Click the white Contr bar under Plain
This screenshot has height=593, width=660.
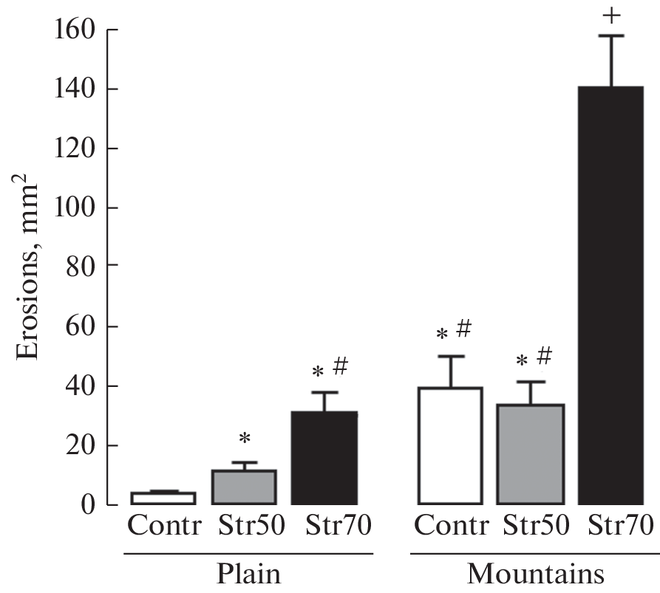click(152, 498)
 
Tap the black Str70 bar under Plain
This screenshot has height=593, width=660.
click(324, 458)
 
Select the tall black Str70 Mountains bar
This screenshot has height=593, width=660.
click(611, 295)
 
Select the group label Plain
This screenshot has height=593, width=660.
click(248, 574)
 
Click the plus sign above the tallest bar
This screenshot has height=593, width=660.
click(611, 14)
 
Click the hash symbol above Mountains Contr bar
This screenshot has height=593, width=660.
click(463, 329)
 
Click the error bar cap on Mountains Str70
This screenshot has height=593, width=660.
click(612, 35)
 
